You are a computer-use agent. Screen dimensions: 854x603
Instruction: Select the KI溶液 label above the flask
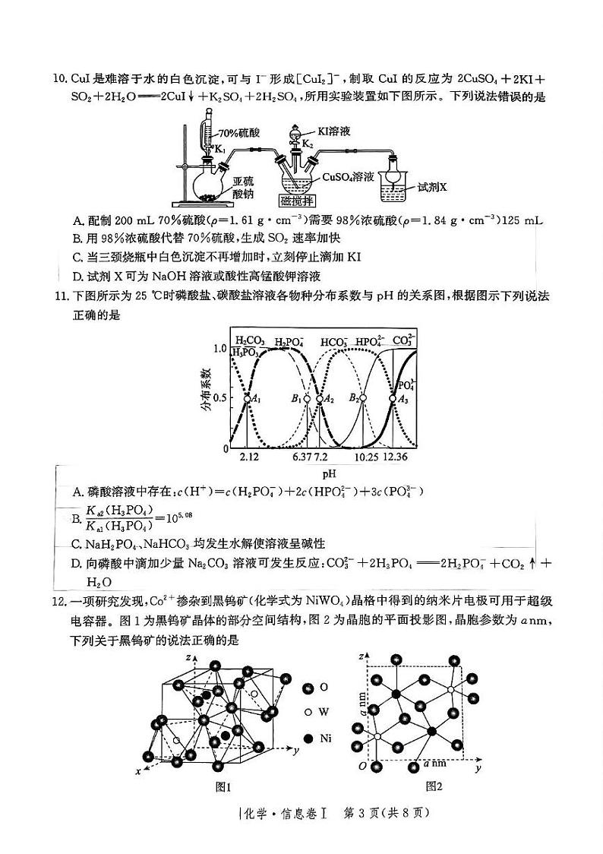click(x=334, y=131)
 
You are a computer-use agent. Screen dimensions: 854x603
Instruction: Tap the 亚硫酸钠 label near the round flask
click(x=245, y=188)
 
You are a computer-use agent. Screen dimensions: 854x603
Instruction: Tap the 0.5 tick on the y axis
click(x=221, y=398)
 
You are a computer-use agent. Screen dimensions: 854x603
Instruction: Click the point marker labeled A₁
click(x=248, y=398)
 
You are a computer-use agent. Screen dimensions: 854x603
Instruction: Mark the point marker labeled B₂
click(x=363, y=398)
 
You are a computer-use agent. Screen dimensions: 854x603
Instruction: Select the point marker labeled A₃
click(x=393, y=398)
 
